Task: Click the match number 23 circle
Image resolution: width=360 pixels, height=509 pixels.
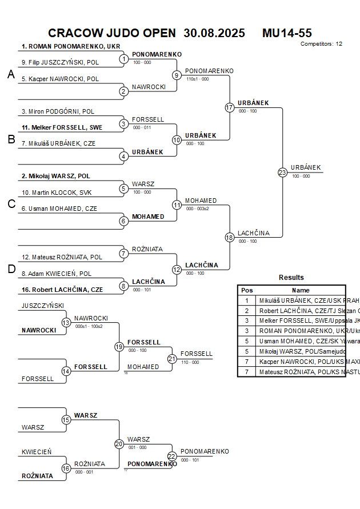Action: [282, 172]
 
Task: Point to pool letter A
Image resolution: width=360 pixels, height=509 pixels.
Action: [11, 74]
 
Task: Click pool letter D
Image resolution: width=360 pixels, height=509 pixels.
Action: [11, 269]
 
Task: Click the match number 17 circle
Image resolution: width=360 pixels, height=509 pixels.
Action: [230, 107]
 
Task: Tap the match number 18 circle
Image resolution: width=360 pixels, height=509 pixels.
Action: [230, 237]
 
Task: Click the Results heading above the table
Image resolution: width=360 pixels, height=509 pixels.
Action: [291, 278]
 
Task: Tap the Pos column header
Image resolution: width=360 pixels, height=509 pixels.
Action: [247, 290]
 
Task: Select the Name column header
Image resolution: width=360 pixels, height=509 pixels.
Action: [301, 290]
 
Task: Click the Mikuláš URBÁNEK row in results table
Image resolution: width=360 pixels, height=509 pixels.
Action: [301, 300]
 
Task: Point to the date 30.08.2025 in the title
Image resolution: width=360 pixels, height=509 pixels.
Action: [214, 33]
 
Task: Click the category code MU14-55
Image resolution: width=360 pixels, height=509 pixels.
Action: [287, 33]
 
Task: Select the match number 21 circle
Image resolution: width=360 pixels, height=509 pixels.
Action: [172, 359]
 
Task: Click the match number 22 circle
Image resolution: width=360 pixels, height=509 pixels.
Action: [172, 456]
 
